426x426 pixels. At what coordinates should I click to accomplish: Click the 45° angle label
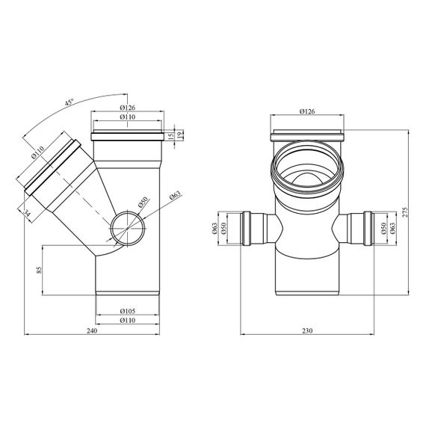coord(69,102)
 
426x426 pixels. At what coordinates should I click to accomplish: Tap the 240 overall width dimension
coord(92,330)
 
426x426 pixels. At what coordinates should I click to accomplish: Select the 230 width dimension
coord(307,330)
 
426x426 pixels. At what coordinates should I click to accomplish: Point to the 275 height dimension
coord(405,212)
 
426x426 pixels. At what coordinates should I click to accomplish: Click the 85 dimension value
coord(40,270)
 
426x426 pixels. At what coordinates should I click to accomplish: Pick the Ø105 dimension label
coord(127,311)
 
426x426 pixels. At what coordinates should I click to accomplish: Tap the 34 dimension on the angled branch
coord(27,213)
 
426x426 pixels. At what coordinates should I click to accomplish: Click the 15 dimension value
coord(170,136)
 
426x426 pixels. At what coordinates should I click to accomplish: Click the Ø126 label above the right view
coord(307,111)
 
